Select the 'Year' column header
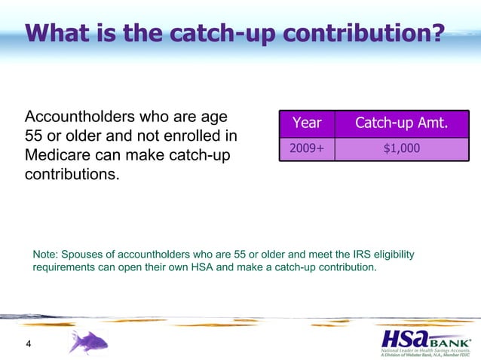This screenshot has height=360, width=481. (307, 124)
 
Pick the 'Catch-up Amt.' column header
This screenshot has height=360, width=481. (401, 124)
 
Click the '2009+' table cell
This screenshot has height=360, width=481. (307, 149)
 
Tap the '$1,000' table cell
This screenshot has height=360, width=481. (401, 149)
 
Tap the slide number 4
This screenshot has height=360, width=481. (29, 345)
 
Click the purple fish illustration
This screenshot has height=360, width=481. (88, 342)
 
